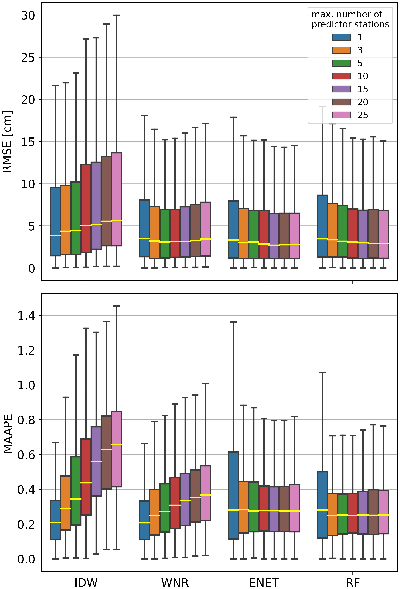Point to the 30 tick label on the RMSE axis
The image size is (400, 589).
pyautogui.click(x=28, y=15)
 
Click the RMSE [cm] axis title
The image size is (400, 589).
pyautogui.click(x=7, y=142)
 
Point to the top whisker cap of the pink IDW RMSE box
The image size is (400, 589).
pyautogui.click(x=117, y=15)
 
